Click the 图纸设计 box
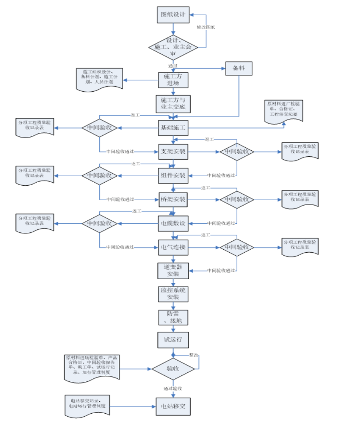(173, 15)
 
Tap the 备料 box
(239, 68)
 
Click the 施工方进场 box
(173, 80)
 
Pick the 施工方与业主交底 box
(173, 103)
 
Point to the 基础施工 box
(173, 127)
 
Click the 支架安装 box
(173, 152)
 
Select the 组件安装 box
(173, 175)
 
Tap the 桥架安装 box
(173, 199)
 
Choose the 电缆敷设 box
(173, 223)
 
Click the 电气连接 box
(173, 247)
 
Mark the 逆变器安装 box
(173, 271)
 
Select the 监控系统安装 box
(173, 294)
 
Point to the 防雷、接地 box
(173, 317)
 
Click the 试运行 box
(173, 340)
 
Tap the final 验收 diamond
(173, 369)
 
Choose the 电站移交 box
(173, 406)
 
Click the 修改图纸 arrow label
(206, 27)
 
